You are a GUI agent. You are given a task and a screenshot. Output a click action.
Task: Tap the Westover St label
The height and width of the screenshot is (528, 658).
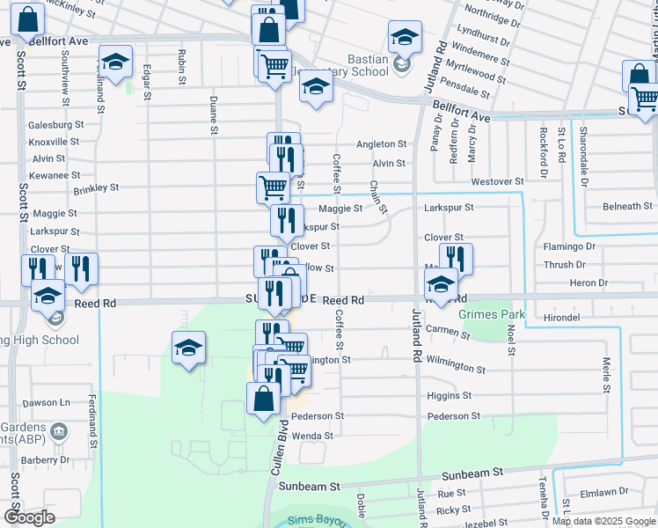(497, 181)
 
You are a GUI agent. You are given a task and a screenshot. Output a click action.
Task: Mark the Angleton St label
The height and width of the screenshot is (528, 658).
(381, 144)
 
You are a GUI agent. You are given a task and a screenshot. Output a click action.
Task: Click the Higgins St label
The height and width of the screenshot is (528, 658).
(450, 396)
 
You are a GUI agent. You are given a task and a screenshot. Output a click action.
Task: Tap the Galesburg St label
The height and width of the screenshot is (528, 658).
(54, 125)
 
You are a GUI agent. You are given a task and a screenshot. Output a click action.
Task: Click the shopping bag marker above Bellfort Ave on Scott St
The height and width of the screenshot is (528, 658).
(28, 18)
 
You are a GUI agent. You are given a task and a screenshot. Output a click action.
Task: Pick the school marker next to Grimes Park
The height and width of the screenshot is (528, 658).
(441, 284)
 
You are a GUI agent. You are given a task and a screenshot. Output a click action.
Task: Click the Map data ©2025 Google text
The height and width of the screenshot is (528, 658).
(603, 521)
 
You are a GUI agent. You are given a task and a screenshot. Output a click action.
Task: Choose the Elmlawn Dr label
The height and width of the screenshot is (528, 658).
(611, 492)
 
